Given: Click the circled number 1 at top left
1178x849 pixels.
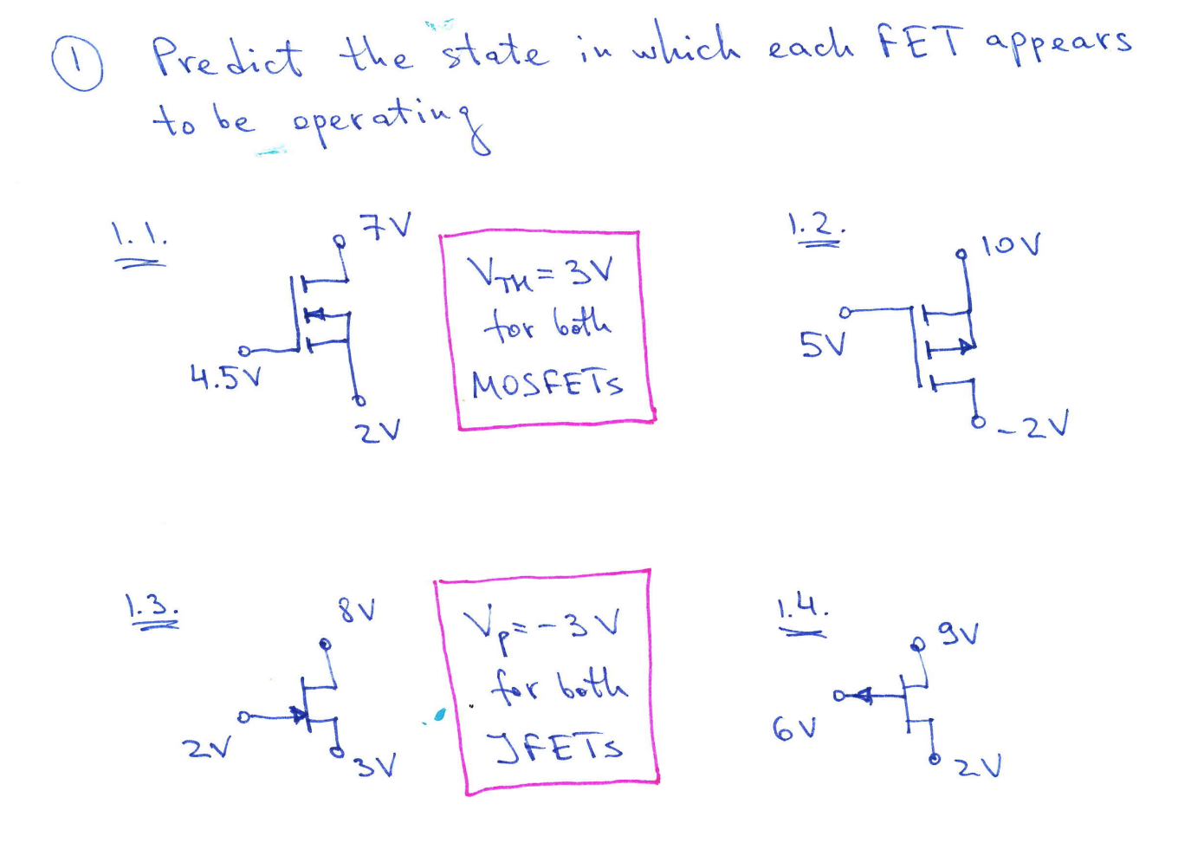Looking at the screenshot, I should pos(78,66).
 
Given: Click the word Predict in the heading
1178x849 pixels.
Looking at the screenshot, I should pos(227,58).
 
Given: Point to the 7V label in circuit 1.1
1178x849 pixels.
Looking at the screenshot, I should pos(386,228).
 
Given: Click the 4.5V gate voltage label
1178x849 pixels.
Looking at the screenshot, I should pos(225,377).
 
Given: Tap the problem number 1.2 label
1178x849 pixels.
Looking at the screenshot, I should pos(815,227).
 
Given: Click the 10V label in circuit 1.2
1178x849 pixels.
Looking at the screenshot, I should pos(1011,246).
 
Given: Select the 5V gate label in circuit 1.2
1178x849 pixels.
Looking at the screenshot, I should pos(820,346).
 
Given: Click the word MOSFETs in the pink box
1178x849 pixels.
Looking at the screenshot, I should pos(547,384).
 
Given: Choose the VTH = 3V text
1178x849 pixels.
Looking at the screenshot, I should pos(540,275).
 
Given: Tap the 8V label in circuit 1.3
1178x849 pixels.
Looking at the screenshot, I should pos(357,611).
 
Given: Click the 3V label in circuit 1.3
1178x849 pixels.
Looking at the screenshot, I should pos(375,765).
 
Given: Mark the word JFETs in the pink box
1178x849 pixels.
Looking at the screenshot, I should pos(554,747).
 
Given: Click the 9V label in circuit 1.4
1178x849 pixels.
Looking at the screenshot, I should pos(959,634).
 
